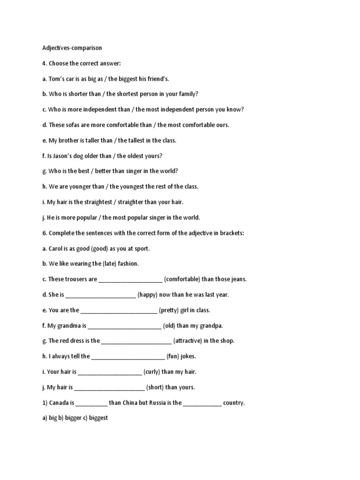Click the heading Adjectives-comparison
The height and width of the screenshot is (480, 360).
point(72,48)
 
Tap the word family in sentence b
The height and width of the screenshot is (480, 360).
point(188,94)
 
